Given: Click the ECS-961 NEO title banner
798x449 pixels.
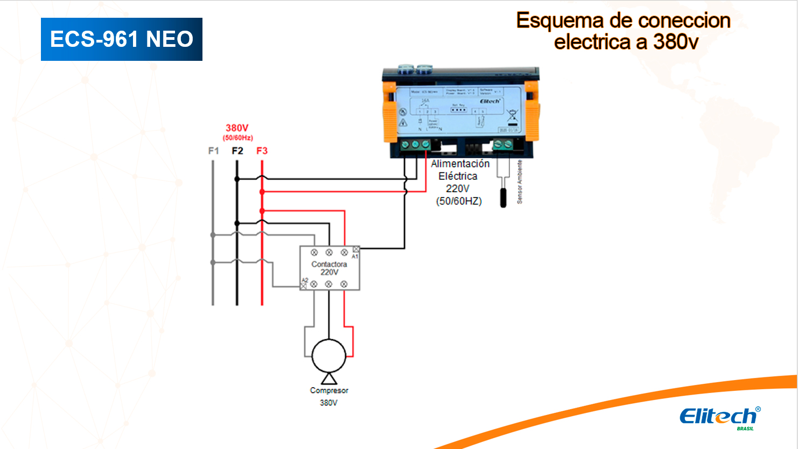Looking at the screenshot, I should click(122, 39).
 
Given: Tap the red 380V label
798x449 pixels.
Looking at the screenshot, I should click(237, 128).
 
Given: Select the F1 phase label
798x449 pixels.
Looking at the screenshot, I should click(213, 151).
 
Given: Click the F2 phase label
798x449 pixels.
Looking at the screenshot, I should click(237, 151).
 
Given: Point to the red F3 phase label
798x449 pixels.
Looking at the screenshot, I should click(262, 151).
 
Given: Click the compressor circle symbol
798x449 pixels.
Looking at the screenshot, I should click(329, 356).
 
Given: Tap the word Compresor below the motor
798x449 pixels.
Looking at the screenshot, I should click(329, 390).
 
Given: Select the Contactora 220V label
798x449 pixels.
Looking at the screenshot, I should click(329, 268).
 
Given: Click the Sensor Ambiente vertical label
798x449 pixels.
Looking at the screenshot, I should click(520, 182).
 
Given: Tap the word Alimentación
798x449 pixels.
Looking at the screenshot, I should click(460, 164).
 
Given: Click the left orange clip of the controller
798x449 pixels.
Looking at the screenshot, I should click(389, 112).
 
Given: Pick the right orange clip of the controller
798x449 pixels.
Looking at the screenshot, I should click(532, 112).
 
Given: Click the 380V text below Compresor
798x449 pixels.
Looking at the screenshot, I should click(328, 403).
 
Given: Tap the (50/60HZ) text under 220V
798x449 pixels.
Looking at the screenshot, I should click(459, 201).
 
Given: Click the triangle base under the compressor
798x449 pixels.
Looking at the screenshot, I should click(329, 379).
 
